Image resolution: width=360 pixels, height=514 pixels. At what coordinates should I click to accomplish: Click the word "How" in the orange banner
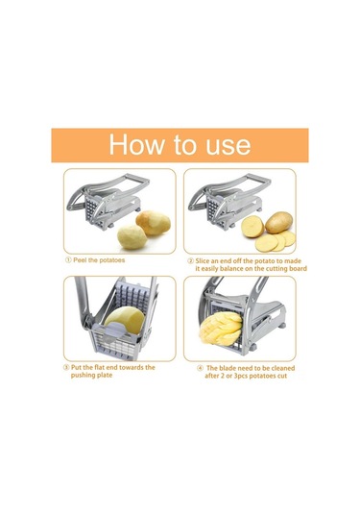pyautogui.click(x=136, y=144)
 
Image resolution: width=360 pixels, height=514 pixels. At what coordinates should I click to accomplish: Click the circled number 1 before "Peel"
pyautogui.click(x=68, y=260)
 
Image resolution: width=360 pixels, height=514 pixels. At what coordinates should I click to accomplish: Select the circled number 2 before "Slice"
pyautogui.click(x=190, y=261)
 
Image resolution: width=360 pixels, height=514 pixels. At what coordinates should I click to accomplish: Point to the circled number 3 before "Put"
pyautogui.click(x=66, y=367)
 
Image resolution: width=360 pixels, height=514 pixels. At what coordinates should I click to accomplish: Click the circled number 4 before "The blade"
pyautogui.click(x=200, y=369)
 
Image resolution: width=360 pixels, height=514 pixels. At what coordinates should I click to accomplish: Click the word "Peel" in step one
pyautogui.click(x=80, y=260)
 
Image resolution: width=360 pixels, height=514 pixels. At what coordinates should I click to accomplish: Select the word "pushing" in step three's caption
pyautogui.click(x=83, y=376)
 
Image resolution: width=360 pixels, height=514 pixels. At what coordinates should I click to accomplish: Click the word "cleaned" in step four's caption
pyautogui.click(x=282, y=369)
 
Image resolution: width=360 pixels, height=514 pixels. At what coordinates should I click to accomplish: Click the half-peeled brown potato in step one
pyautogui.click(x=154, y=223)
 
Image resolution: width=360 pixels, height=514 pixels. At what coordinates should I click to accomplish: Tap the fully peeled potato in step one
pyautogui.click(x=132, y=237)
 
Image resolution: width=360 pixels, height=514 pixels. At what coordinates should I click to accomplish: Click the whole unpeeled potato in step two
pyautogui.click(x=278, y=222)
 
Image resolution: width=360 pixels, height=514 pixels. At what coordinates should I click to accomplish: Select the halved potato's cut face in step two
pyautogui.click(x=252, y=227)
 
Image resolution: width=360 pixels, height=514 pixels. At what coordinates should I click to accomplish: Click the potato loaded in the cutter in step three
pyautogui.click(x=125, y=320)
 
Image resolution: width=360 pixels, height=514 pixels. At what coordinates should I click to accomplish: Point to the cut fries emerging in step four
pyautogui.click(x=221, y=329)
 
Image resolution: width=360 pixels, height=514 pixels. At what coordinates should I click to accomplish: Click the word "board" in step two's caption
pyautogui.click(x=298, y=269)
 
